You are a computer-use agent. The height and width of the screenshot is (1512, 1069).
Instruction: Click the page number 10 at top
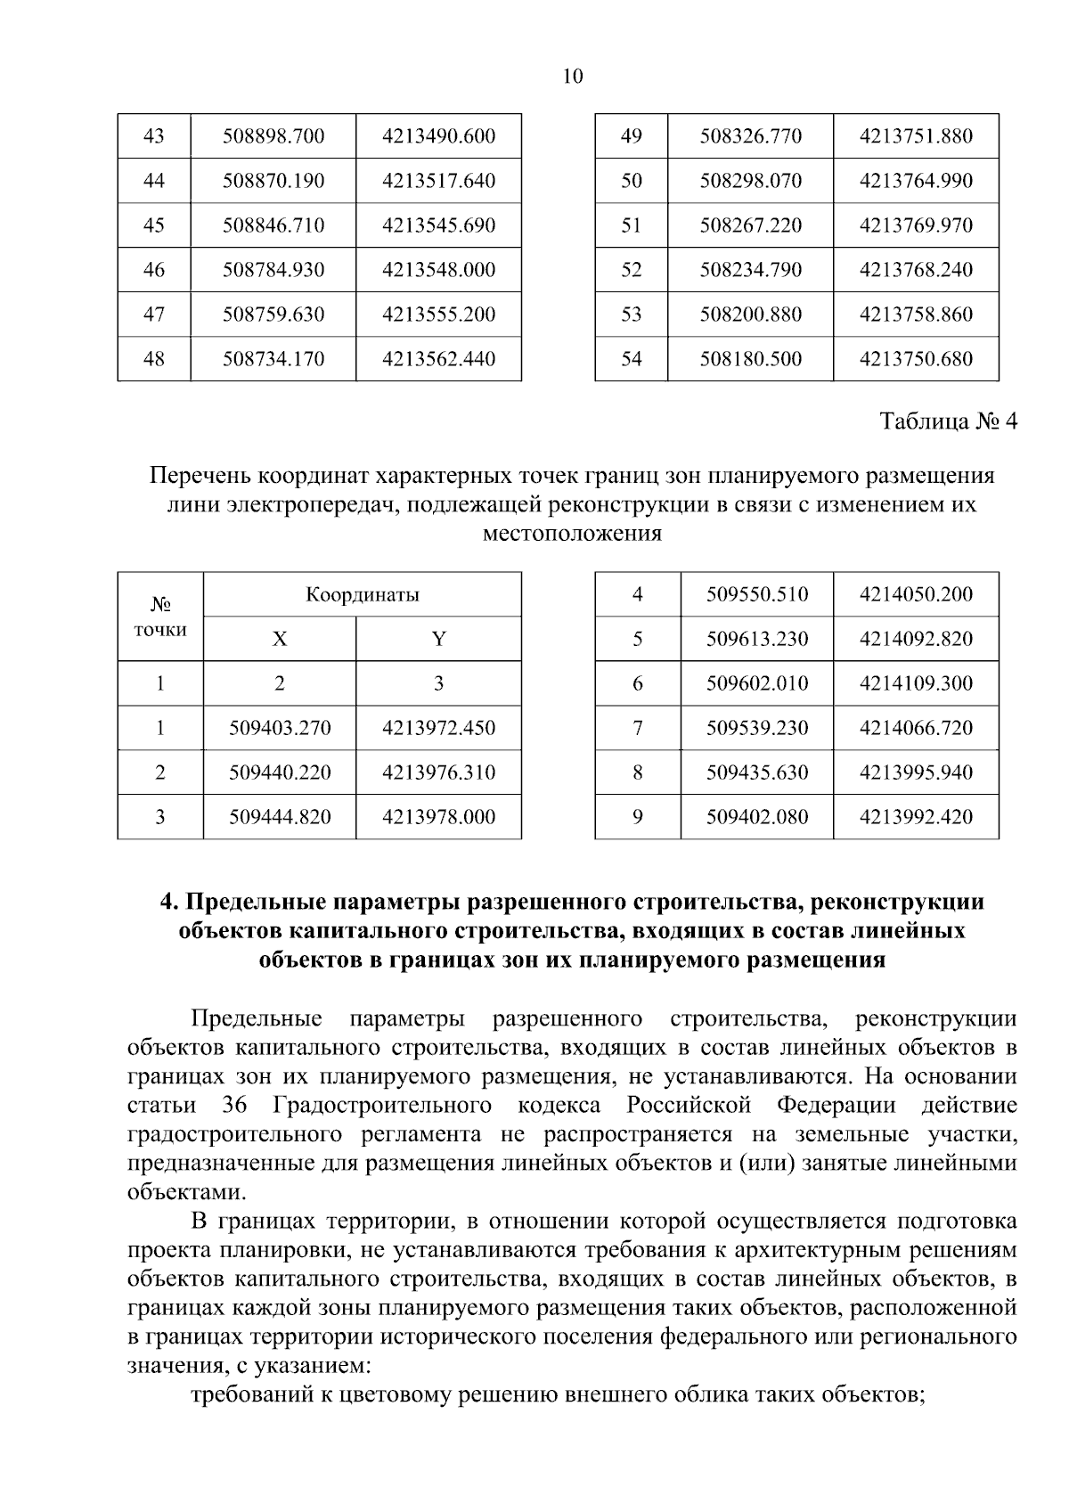[x=573, y=76]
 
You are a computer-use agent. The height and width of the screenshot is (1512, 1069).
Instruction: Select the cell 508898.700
[x=273, y=136]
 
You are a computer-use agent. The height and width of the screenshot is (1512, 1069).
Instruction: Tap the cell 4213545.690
[x=438, y=225]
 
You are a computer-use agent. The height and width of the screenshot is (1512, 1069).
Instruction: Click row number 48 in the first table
[x=154, y=359]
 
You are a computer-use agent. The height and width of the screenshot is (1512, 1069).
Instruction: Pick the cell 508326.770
[x=751, y=136]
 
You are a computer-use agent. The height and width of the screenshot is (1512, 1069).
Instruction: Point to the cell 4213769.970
[x=916, y=225]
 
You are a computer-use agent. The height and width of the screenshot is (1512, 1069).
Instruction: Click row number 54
[x=632, y=359]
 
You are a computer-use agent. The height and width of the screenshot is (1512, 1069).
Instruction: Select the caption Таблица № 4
[x=948, y=421]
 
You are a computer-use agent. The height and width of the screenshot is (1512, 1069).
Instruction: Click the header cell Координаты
[x=363, y=594]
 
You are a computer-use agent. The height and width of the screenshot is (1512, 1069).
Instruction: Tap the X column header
[x=280, y=639]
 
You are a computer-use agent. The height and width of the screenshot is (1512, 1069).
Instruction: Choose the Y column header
[x=438, y=639]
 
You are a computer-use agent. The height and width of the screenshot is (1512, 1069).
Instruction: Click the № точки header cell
[x=160, y=617]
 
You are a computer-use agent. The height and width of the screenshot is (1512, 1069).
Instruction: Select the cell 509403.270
[x=280, y=728]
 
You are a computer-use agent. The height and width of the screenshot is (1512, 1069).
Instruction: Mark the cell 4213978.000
[x=438, y=817]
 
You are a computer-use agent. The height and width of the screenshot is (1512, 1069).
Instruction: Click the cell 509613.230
[x=757, y=639]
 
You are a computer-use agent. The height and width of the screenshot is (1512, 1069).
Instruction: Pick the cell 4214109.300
[x=916, y=683]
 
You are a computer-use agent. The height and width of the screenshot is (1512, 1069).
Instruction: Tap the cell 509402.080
[x=757, y=817]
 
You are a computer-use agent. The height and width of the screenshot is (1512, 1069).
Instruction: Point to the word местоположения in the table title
[x=572, y=534]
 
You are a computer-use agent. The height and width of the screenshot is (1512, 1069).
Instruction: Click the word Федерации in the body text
[x=836, y=1106]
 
